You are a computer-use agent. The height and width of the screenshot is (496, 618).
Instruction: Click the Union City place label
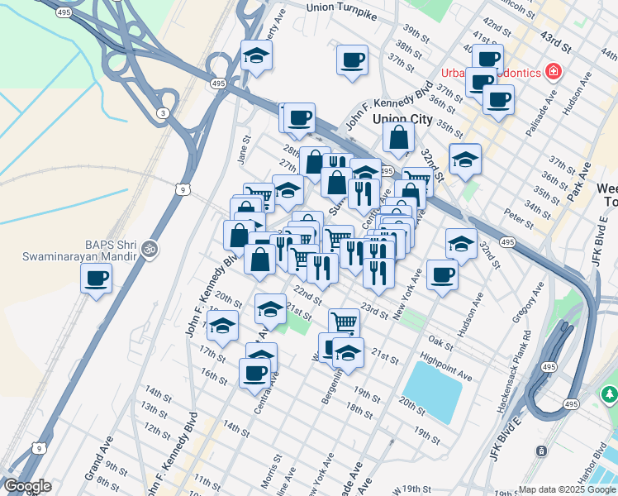tap(402, 119)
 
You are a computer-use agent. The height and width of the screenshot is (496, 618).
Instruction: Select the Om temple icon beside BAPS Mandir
tap(150, 247)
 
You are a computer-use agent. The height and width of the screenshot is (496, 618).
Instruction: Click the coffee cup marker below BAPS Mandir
tap(97, 278)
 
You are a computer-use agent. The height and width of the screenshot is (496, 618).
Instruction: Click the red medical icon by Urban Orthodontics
tap(552, 72)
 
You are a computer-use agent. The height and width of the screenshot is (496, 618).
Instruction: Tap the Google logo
tap(27, 486)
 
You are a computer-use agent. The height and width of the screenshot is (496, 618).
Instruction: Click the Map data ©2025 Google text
tap(567, 489)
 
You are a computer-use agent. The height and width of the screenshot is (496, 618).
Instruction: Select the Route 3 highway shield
tap(164, 112)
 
